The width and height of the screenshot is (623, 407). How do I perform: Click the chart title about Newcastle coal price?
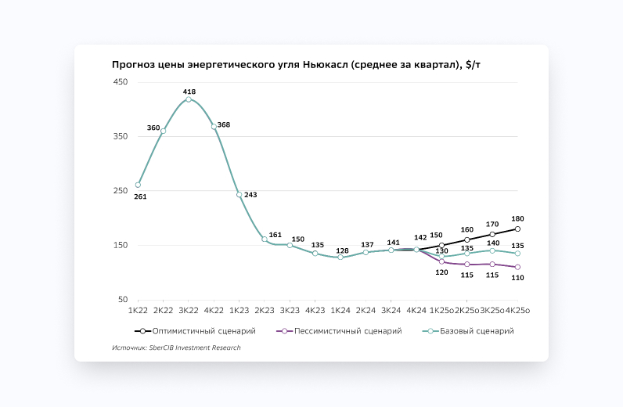click(302, 64)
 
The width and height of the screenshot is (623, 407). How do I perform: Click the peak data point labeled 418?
click(189, 99)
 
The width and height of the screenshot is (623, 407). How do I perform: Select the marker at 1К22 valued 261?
click(138, 185)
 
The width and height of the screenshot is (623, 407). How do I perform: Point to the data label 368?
click(224, 125)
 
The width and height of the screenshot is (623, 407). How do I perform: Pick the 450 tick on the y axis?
click(121, 82)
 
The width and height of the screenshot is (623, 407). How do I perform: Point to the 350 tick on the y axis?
click(121, 137)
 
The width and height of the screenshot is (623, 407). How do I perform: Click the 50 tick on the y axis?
click(123, 300)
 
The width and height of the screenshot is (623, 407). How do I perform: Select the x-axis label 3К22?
click(189, 311)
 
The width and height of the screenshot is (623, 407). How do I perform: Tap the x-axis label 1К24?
click(340, 311)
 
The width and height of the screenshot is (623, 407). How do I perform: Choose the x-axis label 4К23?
click(315, 311)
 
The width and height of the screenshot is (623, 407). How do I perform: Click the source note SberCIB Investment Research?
click(176, 348)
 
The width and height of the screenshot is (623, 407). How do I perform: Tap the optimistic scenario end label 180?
click(517, 218)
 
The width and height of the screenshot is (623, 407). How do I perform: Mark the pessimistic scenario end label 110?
click(517, 277)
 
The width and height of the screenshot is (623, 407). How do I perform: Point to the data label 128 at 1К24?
click(341, 250)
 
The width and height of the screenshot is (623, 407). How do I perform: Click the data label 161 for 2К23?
click(275, 235)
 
